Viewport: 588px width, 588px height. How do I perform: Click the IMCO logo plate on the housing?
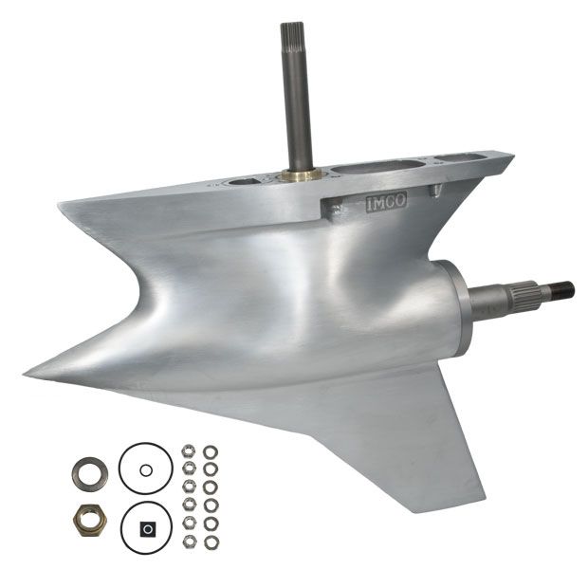coord(386,203)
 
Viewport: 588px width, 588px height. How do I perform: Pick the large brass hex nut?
coord(90,520)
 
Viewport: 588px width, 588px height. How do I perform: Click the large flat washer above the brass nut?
coord(89,473)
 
